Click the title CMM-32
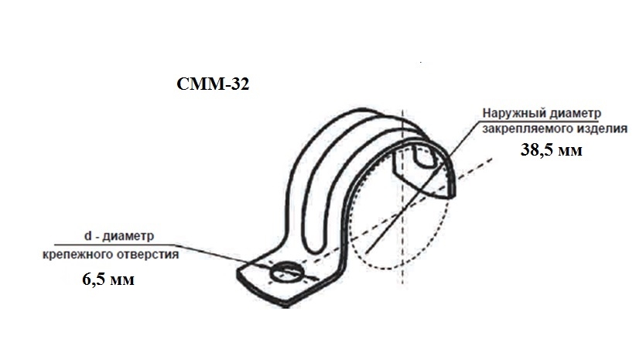pyautogui.click(x=213, y=84)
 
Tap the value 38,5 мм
pyautogui.click(x=551, y=150)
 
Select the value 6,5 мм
pyautogui.click(x=108, y=279)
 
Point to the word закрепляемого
pyautogui.click(x=521, y=129)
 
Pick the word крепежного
pyautogui.click(x=77, y=255)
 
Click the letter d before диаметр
pyautogui.click(x=87, y=236)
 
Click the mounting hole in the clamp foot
pyautogui.click(x=286, y=273)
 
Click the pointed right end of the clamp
pyautogui.click(x=453, y=195)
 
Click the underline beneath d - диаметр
pyautogui.click(x=115, y=245)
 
